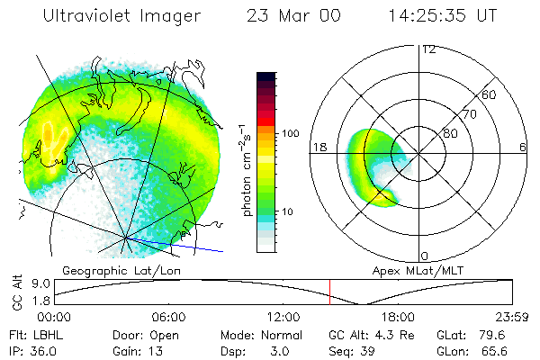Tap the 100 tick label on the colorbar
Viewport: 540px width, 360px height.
(290, 133)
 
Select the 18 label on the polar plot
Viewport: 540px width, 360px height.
(318, 146)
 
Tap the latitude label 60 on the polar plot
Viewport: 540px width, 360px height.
(490, 95)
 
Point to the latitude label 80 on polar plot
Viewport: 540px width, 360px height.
(449, 134)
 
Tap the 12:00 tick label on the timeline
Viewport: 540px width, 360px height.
(283, 317)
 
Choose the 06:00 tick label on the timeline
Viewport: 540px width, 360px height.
(168, 317)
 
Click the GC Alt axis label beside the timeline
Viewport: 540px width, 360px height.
(15, 292)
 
